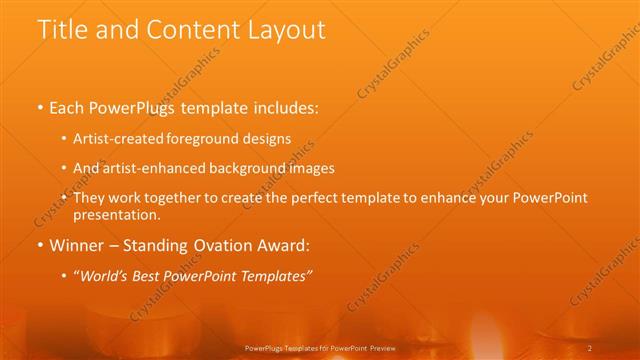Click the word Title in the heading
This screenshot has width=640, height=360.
[x=62, y=30]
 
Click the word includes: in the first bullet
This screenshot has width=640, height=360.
[x=283, y=108]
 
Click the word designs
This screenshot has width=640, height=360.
[x=269, y=139]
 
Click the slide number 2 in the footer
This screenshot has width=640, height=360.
[x=590, y=347]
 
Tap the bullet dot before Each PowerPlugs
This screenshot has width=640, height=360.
[x=40, y=109]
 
